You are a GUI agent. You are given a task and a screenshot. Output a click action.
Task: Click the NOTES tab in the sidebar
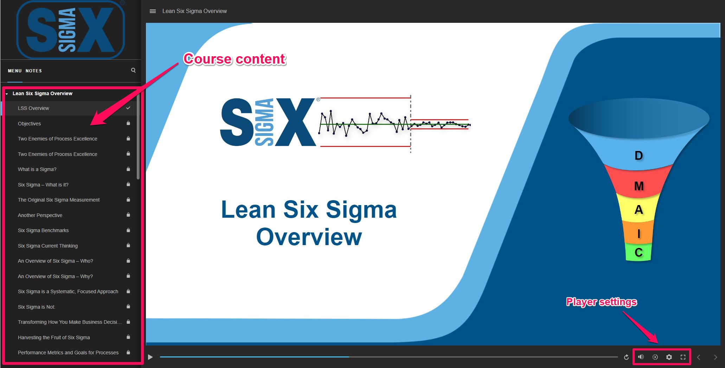pos(34,71)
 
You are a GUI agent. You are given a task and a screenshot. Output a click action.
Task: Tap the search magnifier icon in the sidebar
pos(133,70)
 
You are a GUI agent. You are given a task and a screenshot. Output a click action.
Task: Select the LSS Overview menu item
pos(33,108)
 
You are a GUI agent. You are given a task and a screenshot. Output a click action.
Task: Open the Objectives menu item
pos(29,124)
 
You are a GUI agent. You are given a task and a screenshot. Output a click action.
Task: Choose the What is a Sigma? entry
pos(37,169)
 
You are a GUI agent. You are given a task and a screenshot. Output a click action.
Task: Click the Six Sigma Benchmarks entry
pos(43,230)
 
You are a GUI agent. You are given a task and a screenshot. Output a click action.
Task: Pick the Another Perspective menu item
pos(40,215)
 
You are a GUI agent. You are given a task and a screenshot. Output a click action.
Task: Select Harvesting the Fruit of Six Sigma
pos(54,337)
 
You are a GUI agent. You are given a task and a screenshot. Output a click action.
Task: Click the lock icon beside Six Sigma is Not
pos(128,307)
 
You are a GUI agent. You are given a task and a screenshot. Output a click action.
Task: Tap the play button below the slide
pos(150,357)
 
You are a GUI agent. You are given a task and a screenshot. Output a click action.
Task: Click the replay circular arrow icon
pos(626,357)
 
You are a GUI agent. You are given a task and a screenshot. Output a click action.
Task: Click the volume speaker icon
pos(641,357)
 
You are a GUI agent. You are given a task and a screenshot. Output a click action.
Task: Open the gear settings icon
pos(669,357)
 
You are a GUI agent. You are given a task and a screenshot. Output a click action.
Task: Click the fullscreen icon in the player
pos(683,357)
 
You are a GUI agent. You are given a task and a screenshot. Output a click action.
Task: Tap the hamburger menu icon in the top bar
pos(153,11)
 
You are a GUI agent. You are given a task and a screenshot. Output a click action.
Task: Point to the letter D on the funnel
pos(639,156)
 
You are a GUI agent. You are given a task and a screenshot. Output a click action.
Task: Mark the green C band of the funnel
pos(639,252)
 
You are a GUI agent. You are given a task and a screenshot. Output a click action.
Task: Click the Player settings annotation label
pos(602,302)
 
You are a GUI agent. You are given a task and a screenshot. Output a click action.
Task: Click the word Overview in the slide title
pos(309,237)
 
